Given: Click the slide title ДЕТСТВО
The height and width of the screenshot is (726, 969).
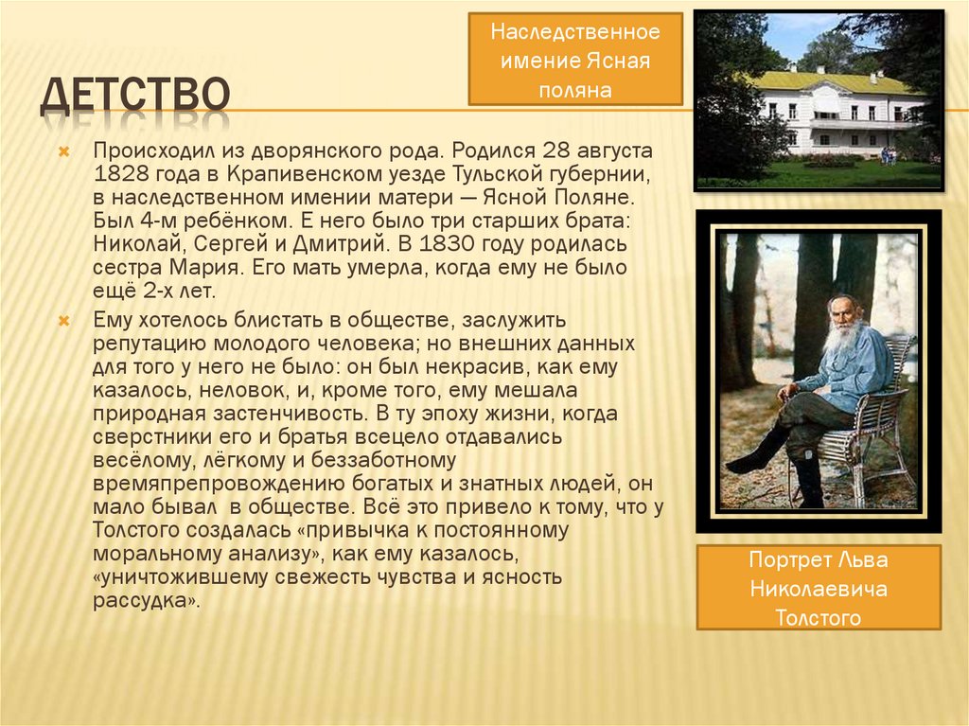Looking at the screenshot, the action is click(135, 96).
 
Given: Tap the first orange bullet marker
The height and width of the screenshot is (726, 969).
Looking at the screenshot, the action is click(64, 151).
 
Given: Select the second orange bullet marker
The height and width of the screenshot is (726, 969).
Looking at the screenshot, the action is click(64, 321).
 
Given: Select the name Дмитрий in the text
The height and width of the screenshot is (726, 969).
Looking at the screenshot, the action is click(340, 244).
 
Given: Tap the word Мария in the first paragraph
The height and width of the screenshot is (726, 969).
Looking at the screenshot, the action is click(204, 268).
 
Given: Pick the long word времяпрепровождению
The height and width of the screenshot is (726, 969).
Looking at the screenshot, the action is click(219, 484).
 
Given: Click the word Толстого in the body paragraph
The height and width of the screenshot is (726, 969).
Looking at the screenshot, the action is click(136, 530).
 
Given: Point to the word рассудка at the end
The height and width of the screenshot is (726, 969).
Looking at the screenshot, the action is click(144, 600).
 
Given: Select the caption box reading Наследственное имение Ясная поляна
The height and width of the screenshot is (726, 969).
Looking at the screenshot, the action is click(575, 60).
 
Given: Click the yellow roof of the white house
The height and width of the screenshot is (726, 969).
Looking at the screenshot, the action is click(834, 82).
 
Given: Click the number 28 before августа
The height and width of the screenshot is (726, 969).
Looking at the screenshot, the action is click(556, 151).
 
